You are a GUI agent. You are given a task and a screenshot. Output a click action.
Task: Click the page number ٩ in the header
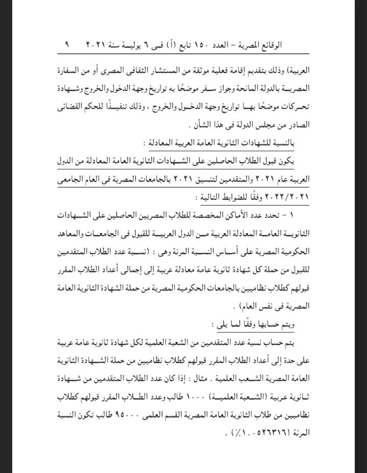coord(67,45)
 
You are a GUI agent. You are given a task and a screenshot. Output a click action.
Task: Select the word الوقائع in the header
coord(295,45)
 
